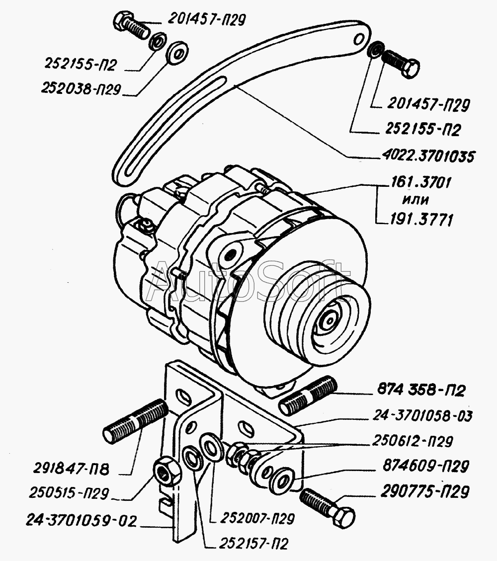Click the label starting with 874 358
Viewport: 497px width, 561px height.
click(418, 391)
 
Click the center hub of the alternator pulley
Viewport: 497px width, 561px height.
click(328, 321)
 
